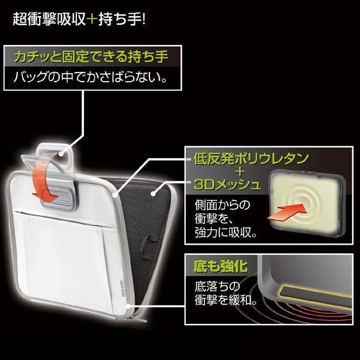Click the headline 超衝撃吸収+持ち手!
tap(79, 19)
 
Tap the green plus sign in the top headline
tap(92, 19)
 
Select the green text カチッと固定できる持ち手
tap(91, 57)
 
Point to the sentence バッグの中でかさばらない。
tap(90, 77)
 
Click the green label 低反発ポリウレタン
tap(251, 158)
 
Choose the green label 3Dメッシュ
tap(227, 184)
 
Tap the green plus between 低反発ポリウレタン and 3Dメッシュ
tap(239, 172)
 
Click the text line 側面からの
tap(222, 205)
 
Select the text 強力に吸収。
tap(226, 233)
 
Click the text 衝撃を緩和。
tap(226, 300)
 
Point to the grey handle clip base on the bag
tap(59, 198)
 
